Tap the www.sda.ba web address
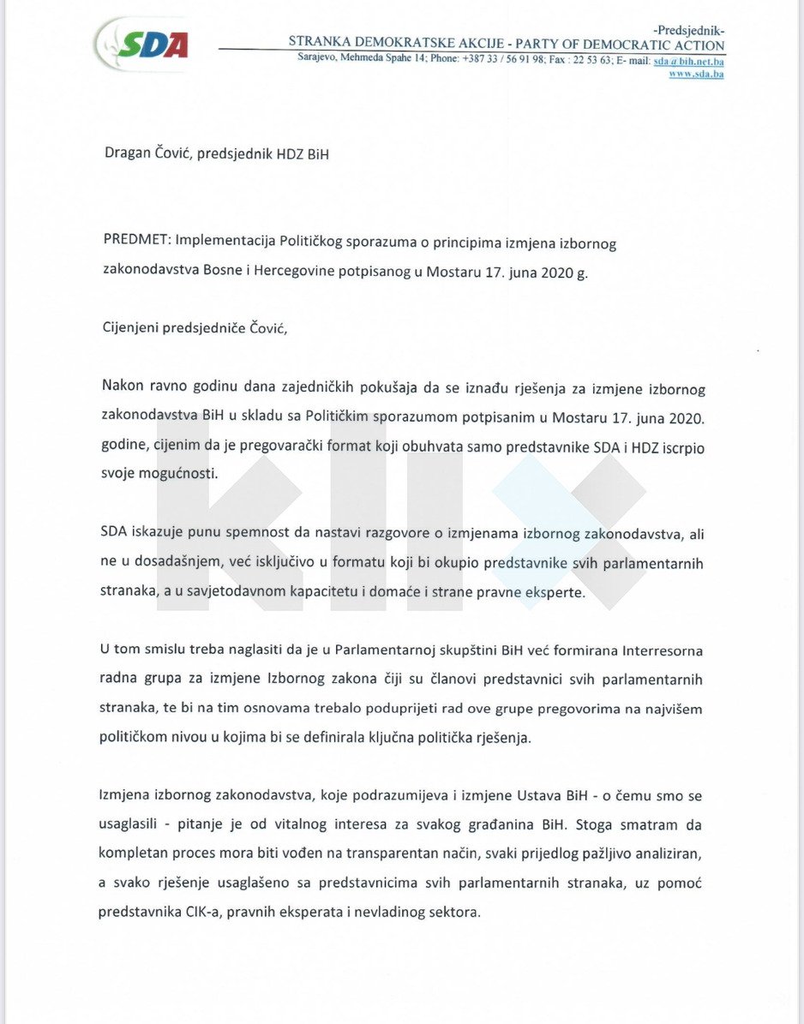696,74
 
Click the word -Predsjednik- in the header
687,30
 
